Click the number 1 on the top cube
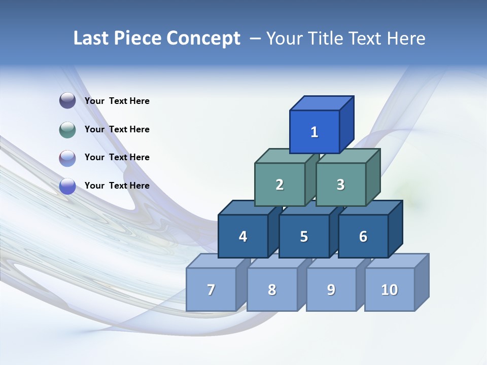click(x=315, y=132)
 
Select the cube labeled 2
click(x=280, y=185)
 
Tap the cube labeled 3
click(x=340, y=185)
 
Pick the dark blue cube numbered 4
click(x=243, y=236)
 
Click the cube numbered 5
click(x=304, y=236)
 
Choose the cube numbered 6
click(x=363, y=236)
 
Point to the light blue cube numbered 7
click(x=211, y=289)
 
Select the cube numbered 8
click(x=272, y=289)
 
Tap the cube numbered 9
click(x=331, y=289)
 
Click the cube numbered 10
click(x=390, y=289)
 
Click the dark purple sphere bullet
click(x=67, y=101)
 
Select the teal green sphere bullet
click(x=67, y=129)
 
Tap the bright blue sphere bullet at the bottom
click(x=67, y=186)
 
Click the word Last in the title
click(x=91, y=39)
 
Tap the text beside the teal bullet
click(x=117, y=129)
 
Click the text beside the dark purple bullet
click(x=117, y=101)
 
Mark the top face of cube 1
click(x=321, y=103)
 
